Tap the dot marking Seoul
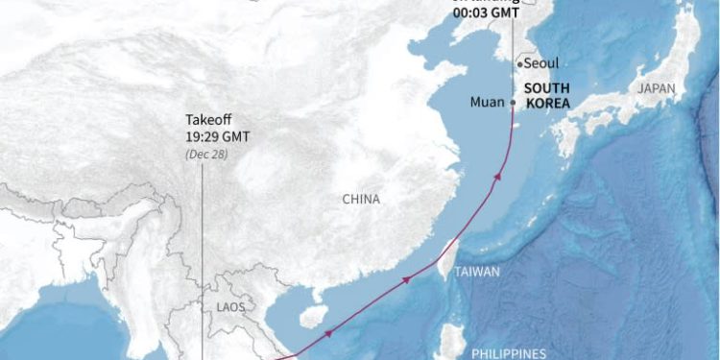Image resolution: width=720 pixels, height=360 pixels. [519, 63]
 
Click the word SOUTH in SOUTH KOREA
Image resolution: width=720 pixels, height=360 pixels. [546, 87]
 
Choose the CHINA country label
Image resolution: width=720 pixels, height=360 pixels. [361, 200]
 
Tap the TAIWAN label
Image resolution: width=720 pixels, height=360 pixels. [477, 272]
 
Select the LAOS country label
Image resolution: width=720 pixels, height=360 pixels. [230, 307]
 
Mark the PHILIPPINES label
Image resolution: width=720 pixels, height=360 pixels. [509, 353]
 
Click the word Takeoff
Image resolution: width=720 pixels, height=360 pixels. [208, 121]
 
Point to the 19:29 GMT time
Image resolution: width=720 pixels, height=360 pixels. [218, 137]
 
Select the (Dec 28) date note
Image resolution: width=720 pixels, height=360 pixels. [205, 154]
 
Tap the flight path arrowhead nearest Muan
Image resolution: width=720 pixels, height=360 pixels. [498, 175]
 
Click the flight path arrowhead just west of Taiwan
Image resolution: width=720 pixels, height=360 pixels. [407, 279]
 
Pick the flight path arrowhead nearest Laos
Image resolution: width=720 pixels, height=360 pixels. [328, 333]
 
